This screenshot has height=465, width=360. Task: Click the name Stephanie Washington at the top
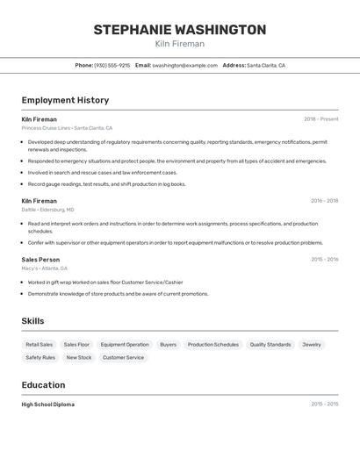point(179,30)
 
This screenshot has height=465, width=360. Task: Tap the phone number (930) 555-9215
point(112,65)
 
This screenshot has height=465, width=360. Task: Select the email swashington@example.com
point(184,65)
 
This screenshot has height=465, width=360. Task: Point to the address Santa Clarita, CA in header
point(265,65)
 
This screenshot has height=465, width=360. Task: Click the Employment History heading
point(65,100)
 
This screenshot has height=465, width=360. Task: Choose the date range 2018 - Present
point(320,119)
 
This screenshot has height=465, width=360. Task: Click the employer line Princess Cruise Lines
point(67,128)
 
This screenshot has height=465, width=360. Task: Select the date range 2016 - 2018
point(324,201)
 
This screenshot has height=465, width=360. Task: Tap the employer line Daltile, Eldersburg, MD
point(47,210)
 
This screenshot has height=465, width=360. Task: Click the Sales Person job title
point(40,260)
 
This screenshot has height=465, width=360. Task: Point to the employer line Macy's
point(44,268)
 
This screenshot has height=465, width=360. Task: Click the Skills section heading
point(32,321)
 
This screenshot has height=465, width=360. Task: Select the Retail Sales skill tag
point(39,345)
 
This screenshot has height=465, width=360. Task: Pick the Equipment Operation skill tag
point(125,345)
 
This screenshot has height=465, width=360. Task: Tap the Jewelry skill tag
point(312,345)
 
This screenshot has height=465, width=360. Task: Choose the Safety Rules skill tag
point(40,357)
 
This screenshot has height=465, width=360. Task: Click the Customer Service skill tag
point(123,357)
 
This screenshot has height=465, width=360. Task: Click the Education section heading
point(43,385)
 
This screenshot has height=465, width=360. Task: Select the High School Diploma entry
point(47,404)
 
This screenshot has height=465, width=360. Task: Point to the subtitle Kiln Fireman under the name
point(179,44)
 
